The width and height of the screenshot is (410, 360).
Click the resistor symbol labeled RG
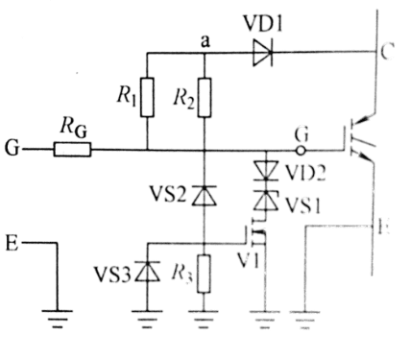click(x=72, y=150)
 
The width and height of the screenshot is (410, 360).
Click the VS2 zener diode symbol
click(x=205, y=196)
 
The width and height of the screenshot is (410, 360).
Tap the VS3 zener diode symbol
click(x=147, y=271)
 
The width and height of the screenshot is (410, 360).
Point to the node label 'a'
click(x=205, y=40)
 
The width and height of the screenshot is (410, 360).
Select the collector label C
click(x=381, y=53)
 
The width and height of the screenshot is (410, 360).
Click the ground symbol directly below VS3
click(x=147, y=316)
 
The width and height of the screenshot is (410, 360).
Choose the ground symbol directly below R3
click(x=205, y=316)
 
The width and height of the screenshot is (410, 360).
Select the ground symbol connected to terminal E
click(x=59, y=316)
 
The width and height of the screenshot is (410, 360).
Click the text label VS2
click(x=167, y=195)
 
